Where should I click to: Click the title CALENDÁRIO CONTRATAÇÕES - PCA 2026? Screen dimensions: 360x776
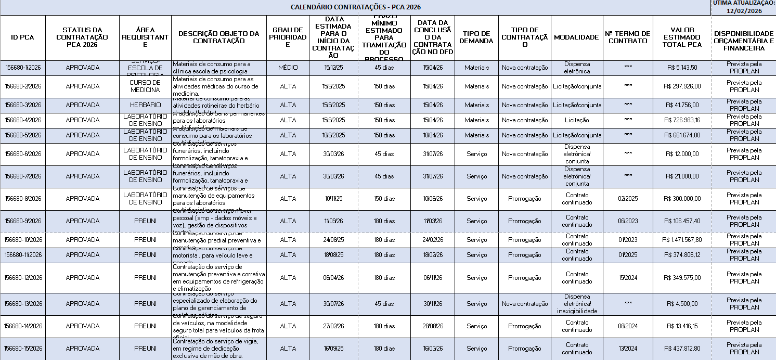tap(355, 7)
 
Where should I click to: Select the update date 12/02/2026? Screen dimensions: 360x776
tap(744, 11)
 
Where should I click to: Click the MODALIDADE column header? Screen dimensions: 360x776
tap(576, 37)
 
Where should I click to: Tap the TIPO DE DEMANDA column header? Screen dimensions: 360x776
tap(476, 37)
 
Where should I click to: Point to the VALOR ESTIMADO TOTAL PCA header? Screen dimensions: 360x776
tap(682, 37)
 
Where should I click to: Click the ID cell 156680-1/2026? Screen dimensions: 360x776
tap(23, 68)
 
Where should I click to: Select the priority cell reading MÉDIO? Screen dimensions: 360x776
tap(288, 68)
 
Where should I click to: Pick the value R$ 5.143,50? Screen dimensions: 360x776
tap(682, 68)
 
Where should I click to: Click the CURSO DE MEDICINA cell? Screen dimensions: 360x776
tap(145, 86)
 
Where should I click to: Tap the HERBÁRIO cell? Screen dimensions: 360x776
tap(145, 105)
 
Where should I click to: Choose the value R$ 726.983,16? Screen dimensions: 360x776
tap(682, 120)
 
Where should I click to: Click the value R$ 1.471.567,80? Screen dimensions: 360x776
tap(682, 240)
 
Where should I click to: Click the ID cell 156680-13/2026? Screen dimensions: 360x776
tap(23, 304)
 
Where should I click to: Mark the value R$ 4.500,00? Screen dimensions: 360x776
tap(682, 304)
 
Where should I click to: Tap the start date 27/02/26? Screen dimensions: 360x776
tap(333, 326)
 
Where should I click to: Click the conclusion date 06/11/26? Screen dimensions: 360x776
tap(432, 278)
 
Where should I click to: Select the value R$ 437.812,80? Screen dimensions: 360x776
tap(682, 349)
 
